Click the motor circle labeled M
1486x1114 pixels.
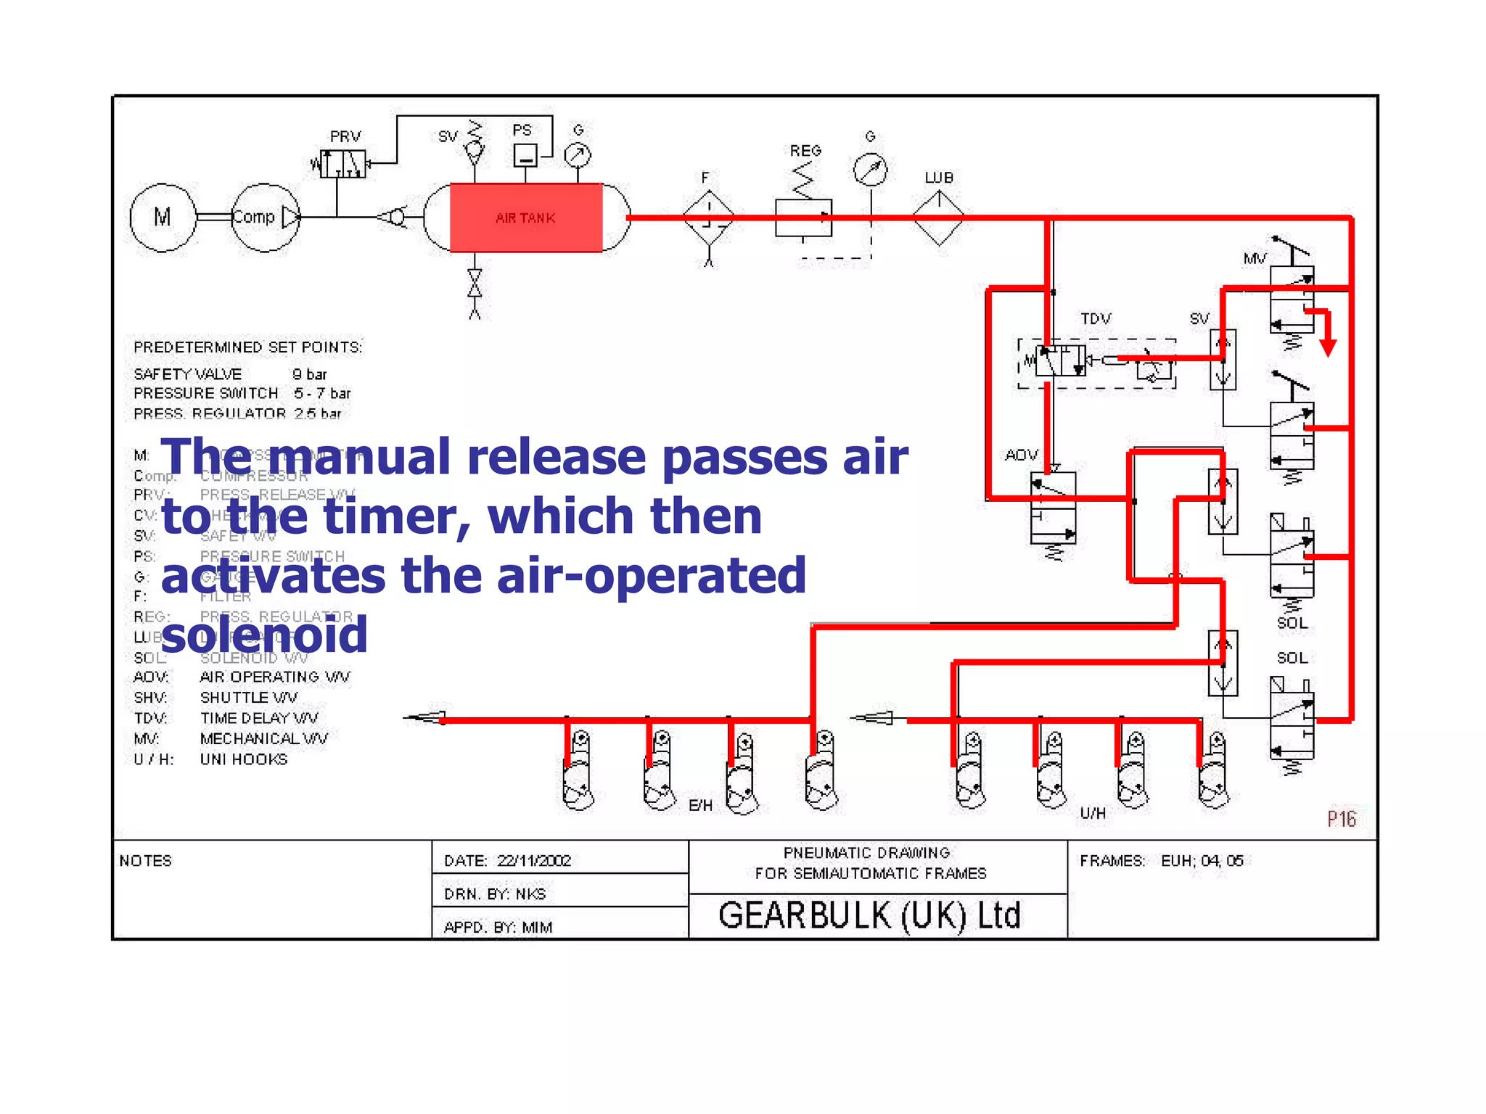tap(163, 217)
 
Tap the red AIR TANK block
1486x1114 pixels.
tap(526, 218)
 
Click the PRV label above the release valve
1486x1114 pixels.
tap(345, 136)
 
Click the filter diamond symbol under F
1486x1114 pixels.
tap(709, 217)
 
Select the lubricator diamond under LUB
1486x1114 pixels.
tap(939, 217)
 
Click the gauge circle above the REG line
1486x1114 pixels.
tap(870, 170)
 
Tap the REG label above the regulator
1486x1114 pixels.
tap(805, 151)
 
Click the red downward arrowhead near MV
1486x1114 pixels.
tap(1328, 347)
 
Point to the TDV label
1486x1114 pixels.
tap(1096, 318)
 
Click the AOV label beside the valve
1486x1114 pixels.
tap(1021, 455)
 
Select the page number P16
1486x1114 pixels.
tap(1341, 819)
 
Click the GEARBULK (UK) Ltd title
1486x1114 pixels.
tap(869, 915)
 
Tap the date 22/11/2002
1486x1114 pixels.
tap(534, 860)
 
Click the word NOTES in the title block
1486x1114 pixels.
tap(146, 860)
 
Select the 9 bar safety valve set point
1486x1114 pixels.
tap(309, 374)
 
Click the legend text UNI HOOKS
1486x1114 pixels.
tap(244, 759)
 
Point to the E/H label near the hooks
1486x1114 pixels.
tap(700, 805)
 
